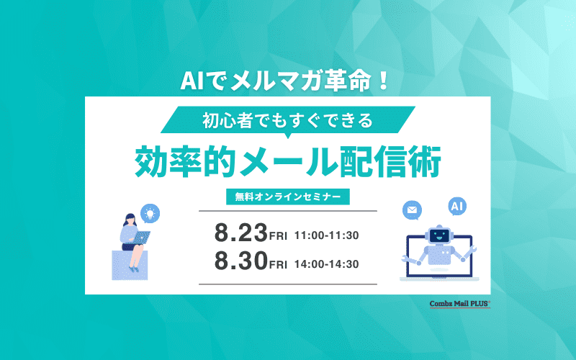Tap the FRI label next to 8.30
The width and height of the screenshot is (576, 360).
click(x=278, y=265)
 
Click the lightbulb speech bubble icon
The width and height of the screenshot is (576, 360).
click(x=150, y=212)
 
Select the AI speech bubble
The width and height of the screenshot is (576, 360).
click(x=457, y=207)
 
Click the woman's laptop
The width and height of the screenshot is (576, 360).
click(x=140, y=238)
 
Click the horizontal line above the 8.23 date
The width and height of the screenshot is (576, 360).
click(x=287, y=211)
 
